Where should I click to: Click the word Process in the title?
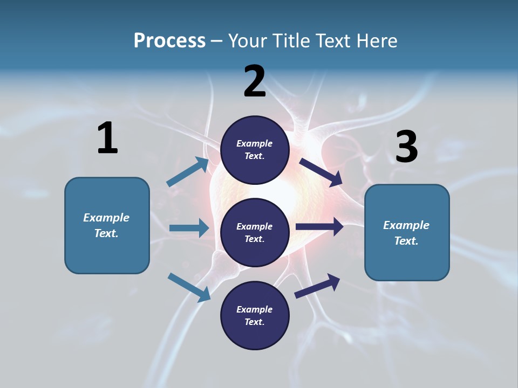[x=169, y=41]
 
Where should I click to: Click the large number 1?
[x=107, y=137]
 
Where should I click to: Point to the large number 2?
[x=254, y=81]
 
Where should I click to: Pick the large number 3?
[x=407, y=146]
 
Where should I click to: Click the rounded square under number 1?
[x=107, y=225]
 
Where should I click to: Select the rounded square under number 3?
[x=407, y=233]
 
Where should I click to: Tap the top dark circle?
[x=255, y=150]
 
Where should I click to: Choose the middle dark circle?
[x=255, y=233]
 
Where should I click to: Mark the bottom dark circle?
[x=255, y=315]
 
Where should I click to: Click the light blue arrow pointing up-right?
[x=188, y=172]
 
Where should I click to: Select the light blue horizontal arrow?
[x=189, y=228]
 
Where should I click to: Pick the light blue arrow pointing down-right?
[x=189, y=288]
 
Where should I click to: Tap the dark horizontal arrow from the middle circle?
[x=319, y=227]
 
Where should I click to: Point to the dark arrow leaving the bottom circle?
[x=317, y=286]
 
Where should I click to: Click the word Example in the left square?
[x=106, y=218]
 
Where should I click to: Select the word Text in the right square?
[x=406, y=241]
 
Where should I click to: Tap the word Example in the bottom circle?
[x=254, y=309]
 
